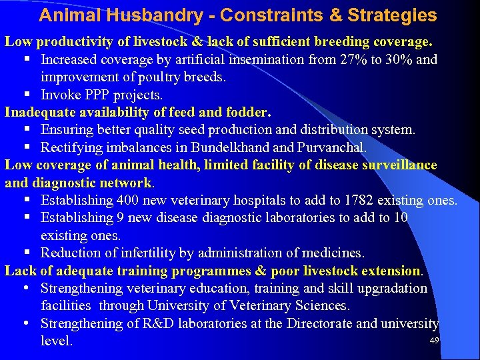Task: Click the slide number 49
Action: tap(434, 341)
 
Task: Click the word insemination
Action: tap(267, 59)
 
